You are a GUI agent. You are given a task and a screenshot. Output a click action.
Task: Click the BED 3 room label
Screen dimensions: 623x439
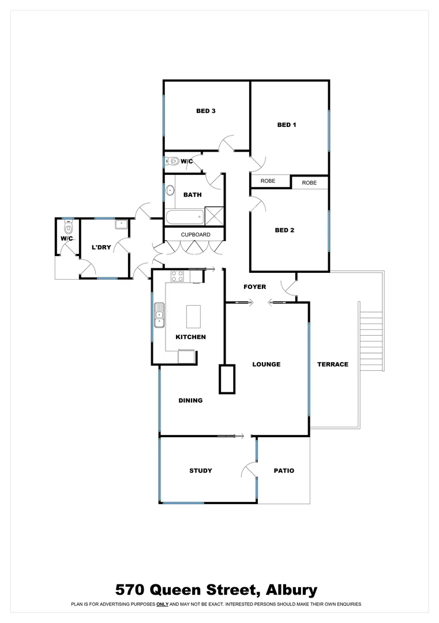pos(205,111)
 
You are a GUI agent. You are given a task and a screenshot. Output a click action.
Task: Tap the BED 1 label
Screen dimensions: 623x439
pos(287,125)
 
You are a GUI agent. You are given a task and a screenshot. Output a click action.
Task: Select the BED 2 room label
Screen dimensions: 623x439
pos(284,230)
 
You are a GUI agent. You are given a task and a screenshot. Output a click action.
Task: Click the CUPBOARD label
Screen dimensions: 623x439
pos(196,235)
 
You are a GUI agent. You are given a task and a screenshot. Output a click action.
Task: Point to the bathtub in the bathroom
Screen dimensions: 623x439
pos(184,218)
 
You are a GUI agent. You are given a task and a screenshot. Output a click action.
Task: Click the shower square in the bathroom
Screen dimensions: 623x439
pos(214,216)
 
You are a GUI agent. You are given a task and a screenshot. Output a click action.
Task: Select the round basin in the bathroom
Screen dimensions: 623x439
pos(170,190)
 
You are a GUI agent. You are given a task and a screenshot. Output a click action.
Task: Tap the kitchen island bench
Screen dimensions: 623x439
pos(193,317)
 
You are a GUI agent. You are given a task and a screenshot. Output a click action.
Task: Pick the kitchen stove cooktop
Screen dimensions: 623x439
pos(177,276)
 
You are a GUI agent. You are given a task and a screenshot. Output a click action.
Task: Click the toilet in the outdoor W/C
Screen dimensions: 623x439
pos(67,227)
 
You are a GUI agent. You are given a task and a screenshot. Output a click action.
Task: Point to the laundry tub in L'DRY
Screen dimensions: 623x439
pos(121,224)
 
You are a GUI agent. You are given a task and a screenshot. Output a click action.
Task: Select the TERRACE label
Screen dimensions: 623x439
pos(333,365)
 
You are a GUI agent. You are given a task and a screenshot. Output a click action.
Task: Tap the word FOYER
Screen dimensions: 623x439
pos(254,287)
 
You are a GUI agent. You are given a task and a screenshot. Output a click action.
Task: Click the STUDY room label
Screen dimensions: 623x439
pos(201,471)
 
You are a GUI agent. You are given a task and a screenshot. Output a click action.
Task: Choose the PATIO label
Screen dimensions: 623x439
pos(284,471)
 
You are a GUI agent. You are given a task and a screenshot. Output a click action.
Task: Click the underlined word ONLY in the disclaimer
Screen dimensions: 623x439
pos(162,605)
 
